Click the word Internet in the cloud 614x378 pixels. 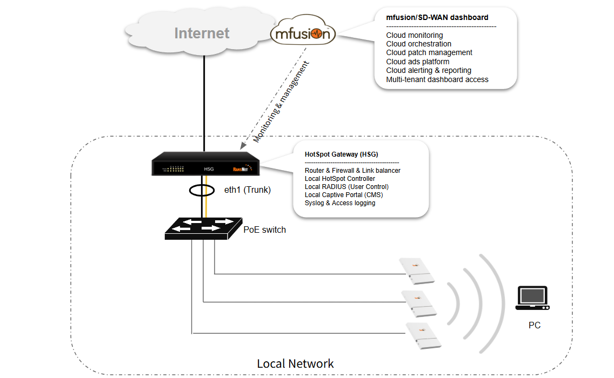click(202, 33)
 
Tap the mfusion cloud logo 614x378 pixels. click(303, 34)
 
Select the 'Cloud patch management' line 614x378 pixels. click(429, 52)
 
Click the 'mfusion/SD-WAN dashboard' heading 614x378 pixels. click(437, 17)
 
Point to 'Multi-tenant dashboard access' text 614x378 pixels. click(437, 79)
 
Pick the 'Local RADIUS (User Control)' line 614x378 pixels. click(346, 187)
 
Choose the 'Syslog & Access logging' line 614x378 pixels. click(340, 203)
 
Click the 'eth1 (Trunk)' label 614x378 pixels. click(247, 190)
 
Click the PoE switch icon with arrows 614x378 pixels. click(203, 228)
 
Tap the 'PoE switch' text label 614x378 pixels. click(264, 230)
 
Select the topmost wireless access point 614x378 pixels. click(416, 269)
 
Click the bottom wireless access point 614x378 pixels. click(422, 334)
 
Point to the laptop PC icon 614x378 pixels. click(532, 298)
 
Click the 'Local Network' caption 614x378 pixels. click(295, 363)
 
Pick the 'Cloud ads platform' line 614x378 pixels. click(417, 62)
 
